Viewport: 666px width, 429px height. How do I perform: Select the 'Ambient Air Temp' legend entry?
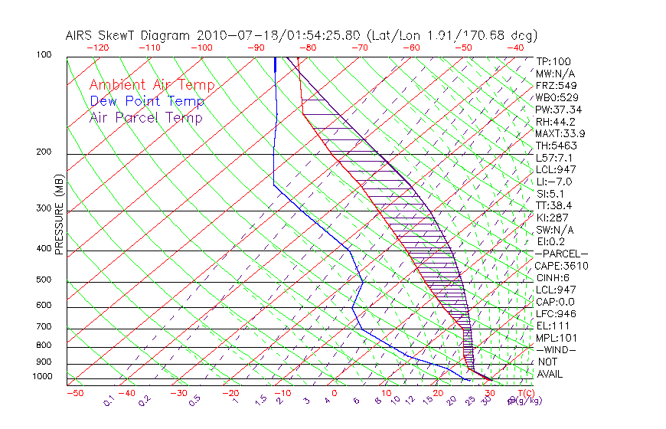pyautogui.click(x=152, y=85)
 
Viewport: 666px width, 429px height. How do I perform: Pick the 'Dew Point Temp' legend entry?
pyautogui.click(x=147, y=101)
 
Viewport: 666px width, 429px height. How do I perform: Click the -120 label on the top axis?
pyautogui.click(x=97, y=47)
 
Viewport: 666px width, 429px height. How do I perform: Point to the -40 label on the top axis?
pyautogui.click(x=515, y=47)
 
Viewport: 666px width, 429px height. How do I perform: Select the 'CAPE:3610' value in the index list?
pyautogui.click(x=561, y=266)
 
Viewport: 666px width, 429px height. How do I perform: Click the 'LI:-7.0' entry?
pyautogui.click(x=554, y=182)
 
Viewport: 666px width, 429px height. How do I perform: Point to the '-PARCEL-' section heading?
pyautogui.click(x=561, y=254)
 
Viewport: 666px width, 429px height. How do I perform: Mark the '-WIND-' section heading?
pyautogui.click(x=557, y=349)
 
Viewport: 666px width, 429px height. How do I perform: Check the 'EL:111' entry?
pyautogui.click(x=553, y=326)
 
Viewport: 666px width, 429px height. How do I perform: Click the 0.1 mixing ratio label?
pyautogui.click(x=108, y=400)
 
